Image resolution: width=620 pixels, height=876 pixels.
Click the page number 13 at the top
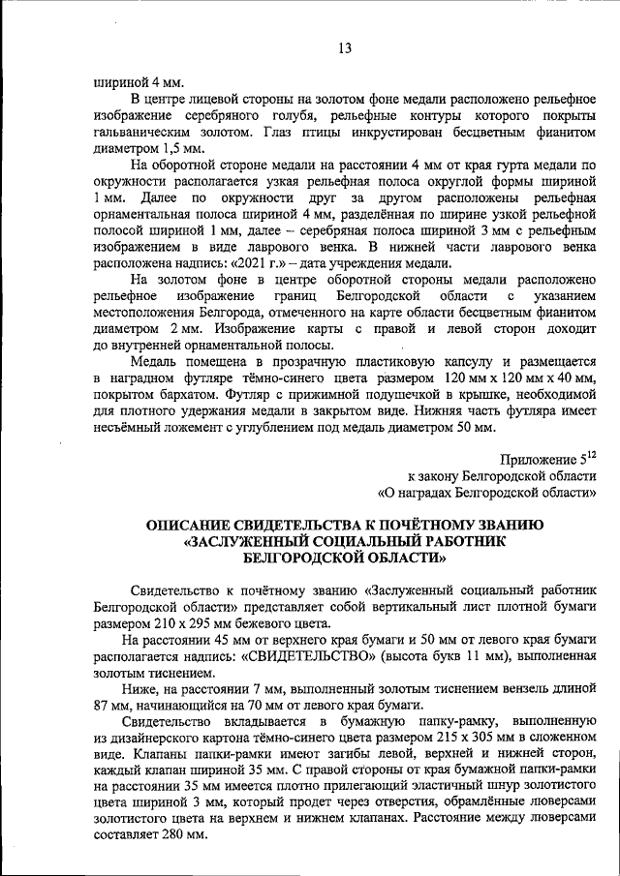pos(345,48)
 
